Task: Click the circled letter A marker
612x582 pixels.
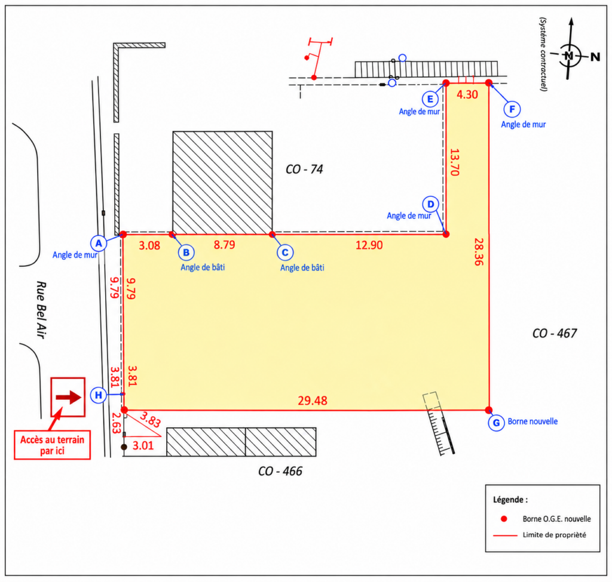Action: point(99,244)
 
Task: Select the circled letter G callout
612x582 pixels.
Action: point(497,423)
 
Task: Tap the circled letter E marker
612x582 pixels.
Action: point(430,99)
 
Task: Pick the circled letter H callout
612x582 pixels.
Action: point(99,395)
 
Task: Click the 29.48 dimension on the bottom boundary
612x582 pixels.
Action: point(313,401)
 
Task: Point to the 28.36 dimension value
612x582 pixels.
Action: point(479,252)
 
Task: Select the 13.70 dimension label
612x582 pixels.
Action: point(455,162)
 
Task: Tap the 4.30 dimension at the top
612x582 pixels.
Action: point(467,95)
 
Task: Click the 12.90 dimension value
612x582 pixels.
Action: point(369,245)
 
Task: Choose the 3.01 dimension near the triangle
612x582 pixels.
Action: point(143,445)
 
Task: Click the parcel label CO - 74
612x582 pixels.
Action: point(304,169)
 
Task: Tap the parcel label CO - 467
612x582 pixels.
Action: point(555,333)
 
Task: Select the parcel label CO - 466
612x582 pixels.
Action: point(280,472)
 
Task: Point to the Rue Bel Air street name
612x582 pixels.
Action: point(41,310)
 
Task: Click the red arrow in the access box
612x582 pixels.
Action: point(68,397)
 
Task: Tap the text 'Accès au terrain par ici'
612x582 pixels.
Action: point(53,445)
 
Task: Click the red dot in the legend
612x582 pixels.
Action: point(504,519)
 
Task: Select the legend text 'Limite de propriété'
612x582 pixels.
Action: point(555,535)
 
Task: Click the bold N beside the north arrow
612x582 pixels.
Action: point(595,57)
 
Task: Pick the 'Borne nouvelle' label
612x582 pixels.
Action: point(533,421)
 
